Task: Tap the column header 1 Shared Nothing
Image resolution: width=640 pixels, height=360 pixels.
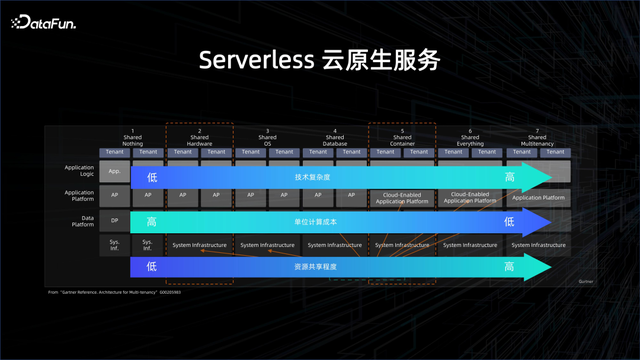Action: click(132, 138)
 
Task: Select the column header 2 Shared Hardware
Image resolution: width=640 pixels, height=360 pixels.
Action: click(200, 138)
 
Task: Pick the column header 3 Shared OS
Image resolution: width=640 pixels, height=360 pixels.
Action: click(267, 138)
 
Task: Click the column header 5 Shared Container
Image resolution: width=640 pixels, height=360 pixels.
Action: click(403, 138)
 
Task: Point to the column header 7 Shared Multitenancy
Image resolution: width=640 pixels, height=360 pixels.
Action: click(539, 138)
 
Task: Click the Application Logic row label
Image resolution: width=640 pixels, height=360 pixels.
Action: click(79, 172)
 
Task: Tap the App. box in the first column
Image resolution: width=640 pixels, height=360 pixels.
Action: click(115, 172)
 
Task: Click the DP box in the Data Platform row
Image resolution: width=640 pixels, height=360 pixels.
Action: click(115, 221)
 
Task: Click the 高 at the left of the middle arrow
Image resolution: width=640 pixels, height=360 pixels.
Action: click(152, 221)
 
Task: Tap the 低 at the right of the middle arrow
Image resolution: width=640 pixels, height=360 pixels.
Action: click(508, 221)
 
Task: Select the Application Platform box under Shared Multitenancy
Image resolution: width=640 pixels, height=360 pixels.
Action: click(539, 197)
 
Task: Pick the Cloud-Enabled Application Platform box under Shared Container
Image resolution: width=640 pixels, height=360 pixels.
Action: click(403, 197)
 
